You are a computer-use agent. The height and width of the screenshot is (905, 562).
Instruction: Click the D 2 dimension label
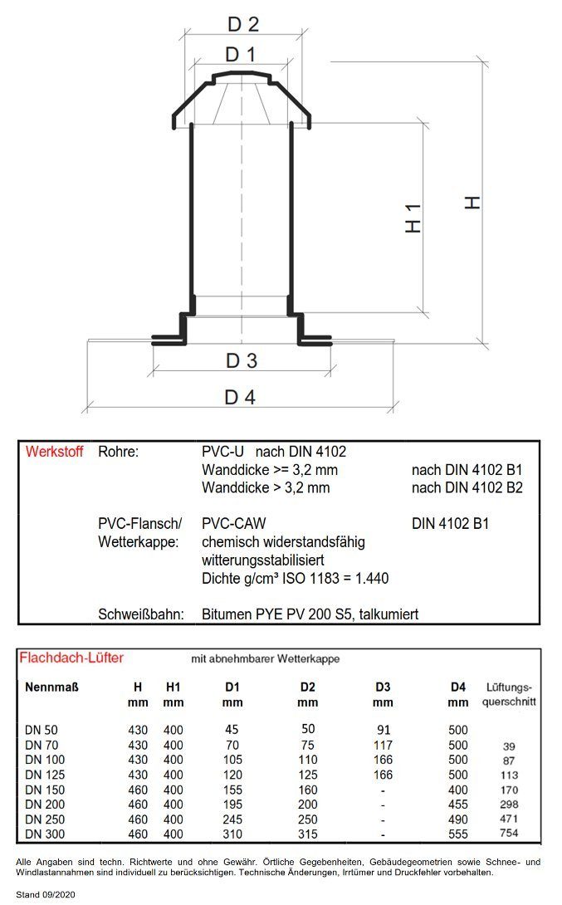point(243,24)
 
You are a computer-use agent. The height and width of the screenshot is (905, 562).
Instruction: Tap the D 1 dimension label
point(240,54)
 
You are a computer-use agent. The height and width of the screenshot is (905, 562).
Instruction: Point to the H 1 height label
point(413,218)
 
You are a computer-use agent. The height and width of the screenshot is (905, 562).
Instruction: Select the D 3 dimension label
point(242,360)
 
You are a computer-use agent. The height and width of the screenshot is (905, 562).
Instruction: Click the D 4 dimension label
point(239,397)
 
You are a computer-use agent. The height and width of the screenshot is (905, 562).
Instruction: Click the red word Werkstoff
point(54,452)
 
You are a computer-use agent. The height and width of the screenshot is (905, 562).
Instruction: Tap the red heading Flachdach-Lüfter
point(71,658)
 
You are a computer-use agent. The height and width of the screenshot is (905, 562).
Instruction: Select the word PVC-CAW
point(234,524)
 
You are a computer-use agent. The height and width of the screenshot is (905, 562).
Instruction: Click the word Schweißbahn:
point(141,614)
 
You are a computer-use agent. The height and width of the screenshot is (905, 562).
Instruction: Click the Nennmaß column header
point(51,687)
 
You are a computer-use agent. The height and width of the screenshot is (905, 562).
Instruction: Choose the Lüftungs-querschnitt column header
point(509,694)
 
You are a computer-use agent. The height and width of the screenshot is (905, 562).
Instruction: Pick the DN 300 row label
point(45,834)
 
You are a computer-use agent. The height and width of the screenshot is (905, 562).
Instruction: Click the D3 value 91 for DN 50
point(384,730)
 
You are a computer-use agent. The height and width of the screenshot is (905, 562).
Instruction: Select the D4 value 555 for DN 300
point(458,834)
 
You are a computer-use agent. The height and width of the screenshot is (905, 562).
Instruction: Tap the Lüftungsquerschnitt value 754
point(509,833)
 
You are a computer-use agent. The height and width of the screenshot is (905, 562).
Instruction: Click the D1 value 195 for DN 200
point(232,804)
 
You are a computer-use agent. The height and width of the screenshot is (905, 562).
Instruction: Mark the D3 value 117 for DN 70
point(384,745)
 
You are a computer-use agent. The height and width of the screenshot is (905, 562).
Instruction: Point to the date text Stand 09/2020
point(46,894)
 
